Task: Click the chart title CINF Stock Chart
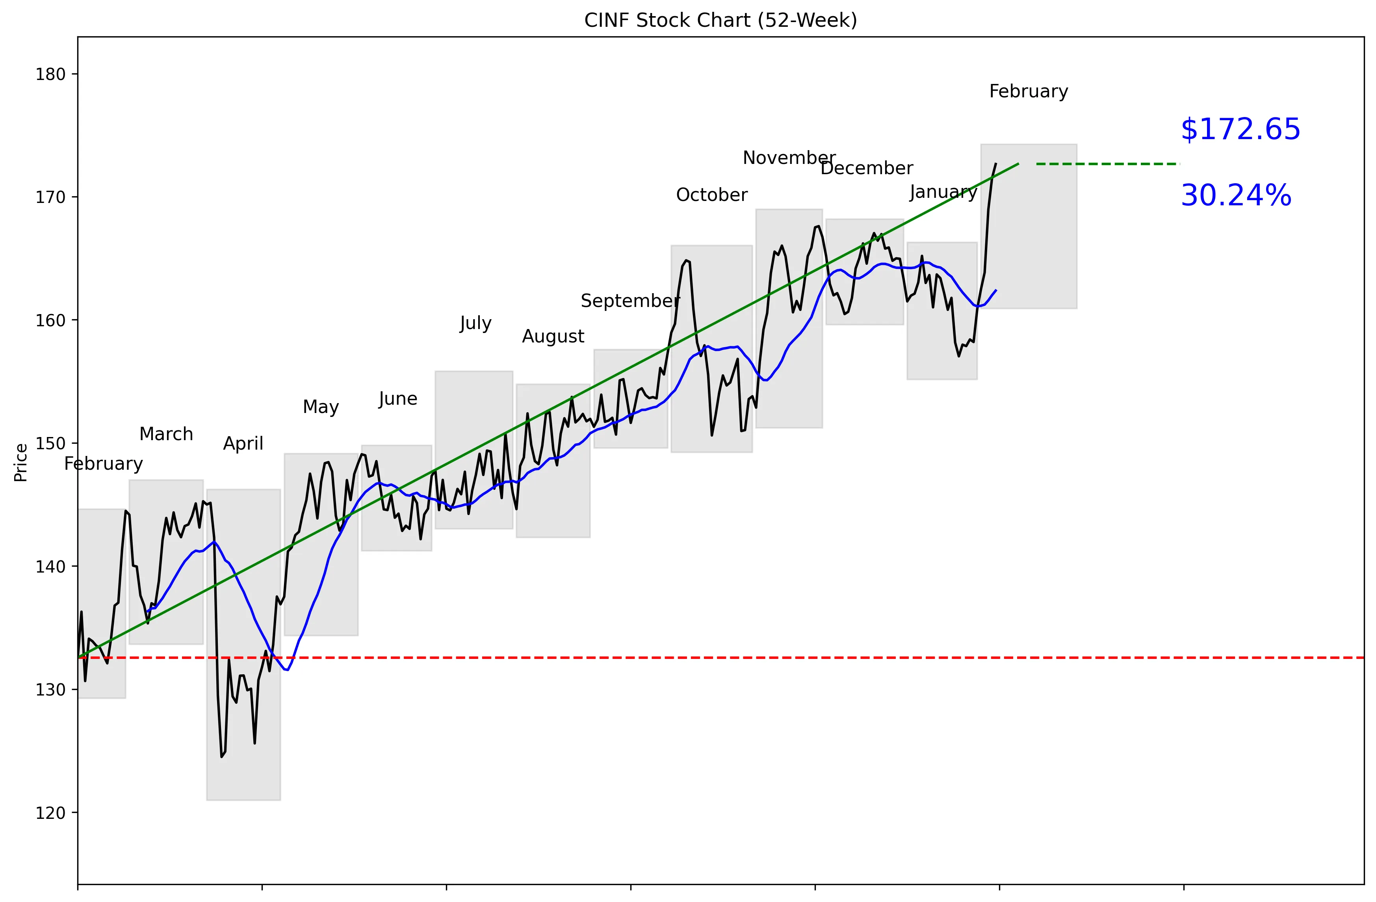coord(720,20)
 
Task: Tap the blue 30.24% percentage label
coord(1235,195)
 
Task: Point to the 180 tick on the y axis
coord(50,74)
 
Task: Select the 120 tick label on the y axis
coord(50,813)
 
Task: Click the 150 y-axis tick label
coord(50,443)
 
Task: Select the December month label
coord(866,168)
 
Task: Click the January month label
coord(943,192)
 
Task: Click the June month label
coord(398,399)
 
